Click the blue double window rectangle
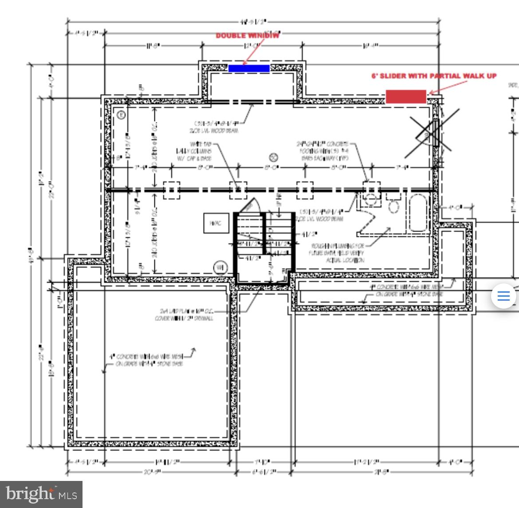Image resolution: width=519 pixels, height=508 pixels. tap(249, 68)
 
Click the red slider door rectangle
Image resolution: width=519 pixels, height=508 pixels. tap(405, 96)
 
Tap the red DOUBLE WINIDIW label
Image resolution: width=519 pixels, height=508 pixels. tap(248, 35)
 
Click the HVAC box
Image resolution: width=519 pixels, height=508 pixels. tap(216, 223)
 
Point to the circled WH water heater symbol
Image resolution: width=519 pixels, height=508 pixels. tap(220, 267)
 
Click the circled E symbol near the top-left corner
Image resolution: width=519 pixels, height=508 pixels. tap(121, 115)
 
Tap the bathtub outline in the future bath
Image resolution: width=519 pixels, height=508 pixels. tap(418, 213)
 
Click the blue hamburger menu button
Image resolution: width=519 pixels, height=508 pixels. tap(503, 295)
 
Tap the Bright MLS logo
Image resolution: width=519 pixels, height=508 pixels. tap(41, 494)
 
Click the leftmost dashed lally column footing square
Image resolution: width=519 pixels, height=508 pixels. tap(172, 190)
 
